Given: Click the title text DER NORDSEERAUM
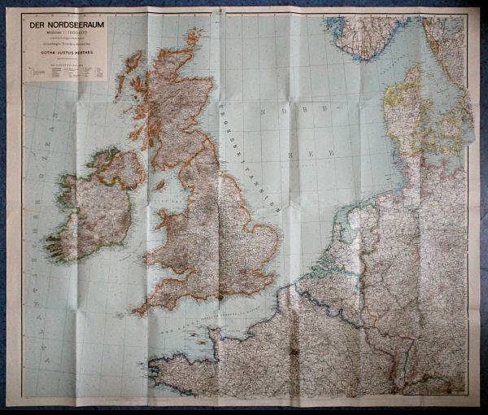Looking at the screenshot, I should [x=65, y=25].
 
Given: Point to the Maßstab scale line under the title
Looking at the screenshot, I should [x=65, y=33].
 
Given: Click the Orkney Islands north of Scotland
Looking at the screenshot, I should [x=193, y=36].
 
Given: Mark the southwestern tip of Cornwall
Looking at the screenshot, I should [x=135, y=311].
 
